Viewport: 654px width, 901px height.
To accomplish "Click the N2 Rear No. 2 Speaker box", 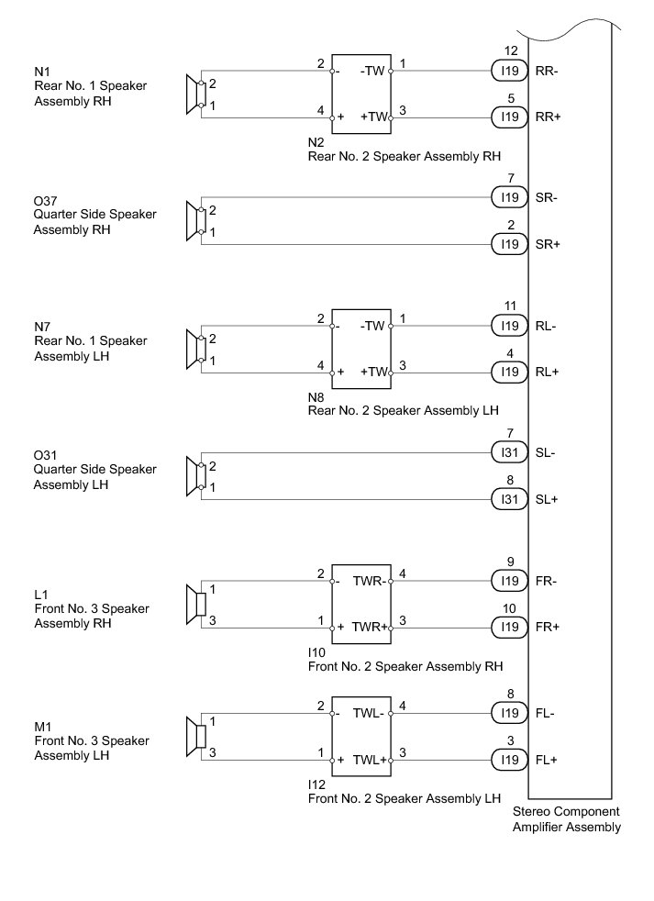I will [361, 93].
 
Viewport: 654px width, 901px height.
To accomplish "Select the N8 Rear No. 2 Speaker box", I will [361, 349].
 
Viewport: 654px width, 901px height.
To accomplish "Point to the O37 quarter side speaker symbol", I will [194, 221].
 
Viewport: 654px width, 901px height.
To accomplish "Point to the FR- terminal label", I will [547, 581].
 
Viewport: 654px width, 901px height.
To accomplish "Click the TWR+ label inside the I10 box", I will [370, 628].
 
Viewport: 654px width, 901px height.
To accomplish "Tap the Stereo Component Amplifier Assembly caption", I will [566, 819].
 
